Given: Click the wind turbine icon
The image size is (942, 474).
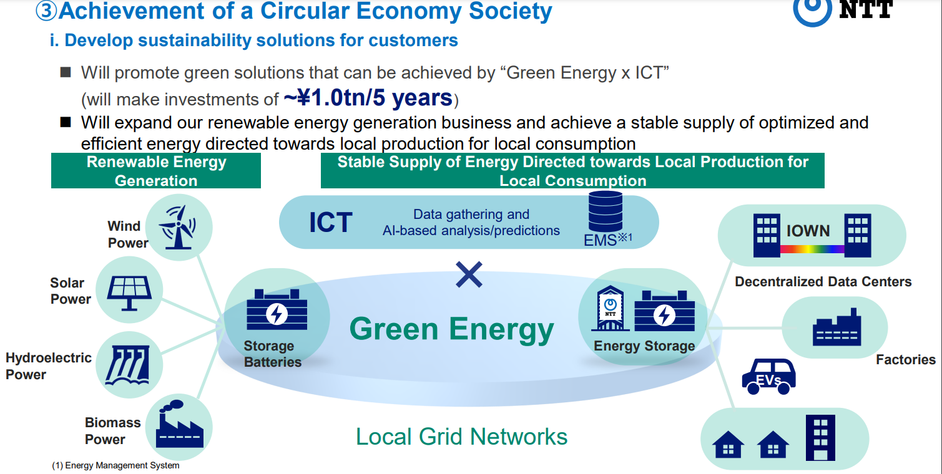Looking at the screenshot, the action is [177, 228].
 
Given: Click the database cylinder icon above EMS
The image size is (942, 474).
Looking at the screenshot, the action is [606, 211].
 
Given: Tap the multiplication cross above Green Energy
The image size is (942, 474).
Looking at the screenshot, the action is [469, 275].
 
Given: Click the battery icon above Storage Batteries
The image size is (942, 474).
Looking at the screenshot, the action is [277, 310].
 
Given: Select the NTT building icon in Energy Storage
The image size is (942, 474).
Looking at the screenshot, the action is [610, 309].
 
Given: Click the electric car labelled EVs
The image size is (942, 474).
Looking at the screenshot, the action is [768, 377].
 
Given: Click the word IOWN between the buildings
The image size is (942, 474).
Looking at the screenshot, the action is [808, 231].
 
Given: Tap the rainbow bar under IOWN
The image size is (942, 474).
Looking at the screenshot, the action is [812, 249].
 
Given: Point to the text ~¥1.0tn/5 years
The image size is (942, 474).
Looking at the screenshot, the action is [368, 98].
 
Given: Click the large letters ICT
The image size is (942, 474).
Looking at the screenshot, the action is [330, 222].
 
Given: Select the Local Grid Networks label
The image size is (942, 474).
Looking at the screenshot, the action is [461, 437].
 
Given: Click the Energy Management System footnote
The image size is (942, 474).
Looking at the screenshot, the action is [115, 465].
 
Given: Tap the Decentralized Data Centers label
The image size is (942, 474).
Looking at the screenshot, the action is [823, 281].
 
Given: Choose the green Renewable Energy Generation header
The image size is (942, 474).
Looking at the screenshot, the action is [156, 171].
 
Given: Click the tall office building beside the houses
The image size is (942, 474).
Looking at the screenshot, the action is [820, 438].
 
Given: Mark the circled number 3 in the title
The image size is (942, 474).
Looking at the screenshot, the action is [46, 11].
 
